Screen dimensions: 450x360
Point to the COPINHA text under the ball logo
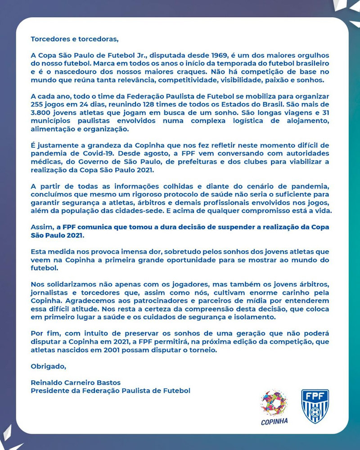click(274, 422)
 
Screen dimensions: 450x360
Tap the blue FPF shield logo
click(315, 406)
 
